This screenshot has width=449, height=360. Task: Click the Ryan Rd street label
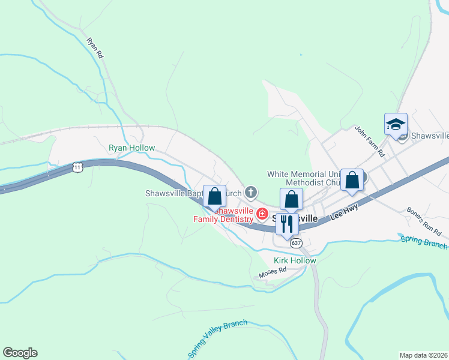point(95,48)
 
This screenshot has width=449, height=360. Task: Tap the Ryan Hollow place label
point(131,148)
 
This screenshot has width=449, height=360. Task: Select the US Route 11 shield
point(77,167)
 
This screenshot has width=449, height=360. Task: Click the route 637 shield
point(295,243)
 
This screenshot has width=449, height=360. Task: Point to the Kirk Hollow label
point(294,260)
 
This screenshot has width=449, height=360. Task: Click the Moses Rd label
point(273,273)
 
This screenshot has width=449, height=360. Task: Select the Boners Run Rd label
point(424,221)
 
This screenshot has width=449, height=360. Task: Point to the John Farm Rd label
point(369,141)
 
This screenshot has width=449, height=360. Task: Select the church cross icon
point(250,193)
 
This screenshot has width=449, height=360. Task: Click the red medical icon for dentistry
point(262,214)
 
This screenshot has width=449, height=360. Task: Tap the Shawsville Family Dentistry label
point(223,215)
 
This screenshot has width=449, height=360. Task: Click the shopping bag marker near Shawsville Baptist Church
point(214,196)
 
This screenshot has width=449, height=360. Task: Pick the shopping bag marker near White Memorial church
point(352,179)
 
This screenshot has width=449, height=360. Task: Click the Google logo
point(20,353)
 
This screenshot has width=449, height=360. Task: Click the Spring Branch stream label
point(424,241)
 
